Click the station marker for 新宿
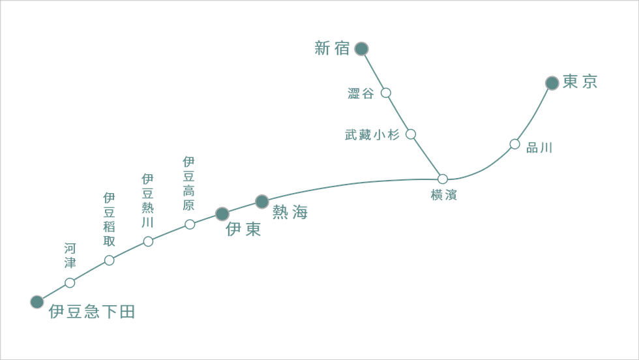[x=361, y=49]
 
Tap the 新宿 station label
[x=333, y=49]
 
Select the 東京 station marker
[x=552, y=83]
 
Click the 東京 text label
[x=580, y=82]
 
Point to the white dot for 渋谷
[x=385, y=93]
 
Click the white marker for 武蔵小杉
[x=411, y=134]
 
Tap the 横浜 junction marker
[x=443, y=179]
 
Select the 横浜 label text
[x=444, y=195]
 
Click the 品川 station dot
[x=514, y=144]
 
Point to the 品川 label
[x=539, y=149]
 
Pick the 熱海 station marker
[x=261, y=202]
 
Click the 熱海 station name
[x=290, y=213]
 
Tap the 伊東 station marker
[x=222, y=214]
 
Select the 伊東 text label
[x=243, y=230]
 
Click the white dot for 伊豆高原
[x=190, y=224]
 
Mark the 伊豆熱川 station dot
[x=148, y=241]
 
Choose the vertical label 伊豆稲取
[x=109, y=219]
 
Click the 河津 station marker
[x=70, y=282]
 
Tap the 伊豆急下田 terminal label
[x=92, y=312]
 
